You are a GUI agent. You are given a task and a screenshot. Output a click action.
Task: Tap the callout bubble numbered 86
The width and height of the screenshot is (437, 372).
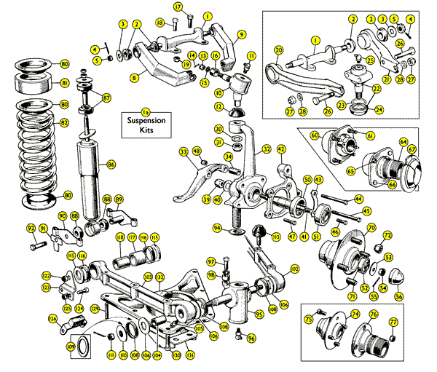111,165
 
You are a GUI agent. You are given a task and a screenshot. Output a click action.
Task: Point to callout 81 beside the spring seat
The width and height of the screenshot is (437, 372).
64,83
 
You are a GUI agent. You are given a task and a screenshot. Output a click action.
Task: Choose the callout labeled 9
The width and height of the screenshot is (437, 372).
241,33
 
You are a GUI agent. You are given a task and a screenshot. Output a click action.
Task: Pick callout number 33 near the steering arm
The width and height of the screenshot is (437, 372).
184,151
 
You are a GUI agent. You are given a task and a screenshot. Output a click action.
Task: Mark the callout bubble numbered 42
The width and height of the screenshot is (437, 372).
281,149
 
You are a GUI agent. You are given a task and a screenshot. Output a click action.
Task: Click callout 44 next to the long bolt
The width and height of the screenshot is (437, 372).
358,198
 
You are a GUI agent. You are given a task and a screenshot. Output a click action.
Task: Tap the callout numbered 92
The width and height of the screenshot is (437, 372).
31,229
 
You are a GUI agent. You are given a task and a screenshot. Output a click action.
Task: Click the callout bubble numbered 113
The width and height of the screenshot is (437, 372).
276,236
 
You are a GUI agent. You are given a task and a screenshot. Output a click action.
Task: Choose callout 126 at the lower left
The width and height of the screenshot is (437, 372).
52,318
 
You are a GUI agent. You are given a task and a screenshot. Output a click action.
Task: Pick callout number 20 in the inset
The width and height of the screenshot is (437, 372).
278,50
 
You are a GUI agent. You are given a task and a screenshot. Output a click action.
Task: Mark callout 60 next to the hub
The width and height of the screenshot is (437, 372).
315,135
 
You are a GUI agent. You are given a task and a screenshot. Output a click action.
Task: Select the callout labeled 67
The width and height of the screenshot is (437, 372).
412,149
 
